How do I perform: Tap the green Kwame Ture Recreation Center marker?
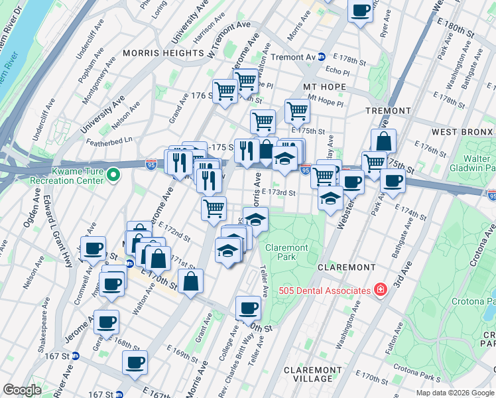[x=113, y=176]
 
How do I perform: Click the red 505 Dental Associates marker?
[x=381, y=290]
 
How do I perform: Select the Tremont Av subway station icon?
[x=320, y=57]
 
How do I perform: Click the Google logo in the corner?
[x=23, y=390]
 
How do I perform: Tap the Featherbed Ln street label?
[x=109, y=140]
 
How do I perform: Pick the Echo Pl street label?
[x=338, y=71]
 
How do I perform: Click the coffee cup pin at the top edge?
[x=361, y=11]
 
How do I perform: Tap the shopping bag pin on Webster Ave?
[x=383, y=141]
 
